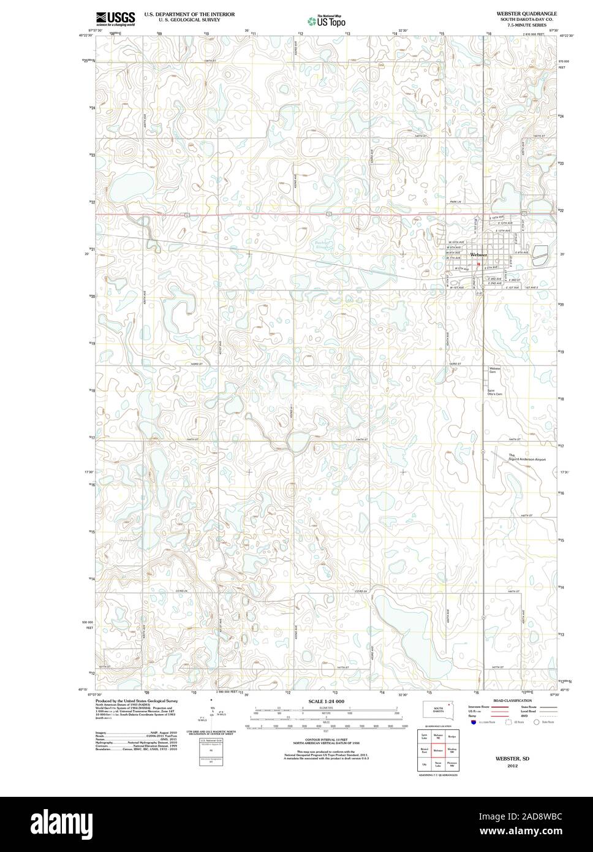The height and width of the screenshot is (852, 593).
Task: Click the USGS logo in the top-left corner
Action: (x=115, y=18)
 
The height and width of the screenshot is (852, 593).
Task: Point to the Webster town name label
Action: (x=478, y=254)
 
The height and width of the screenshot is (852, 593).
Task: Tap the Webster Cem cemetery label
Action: (x=494, y=370)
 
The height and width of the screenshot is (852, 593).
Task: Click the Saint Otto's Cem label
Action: (x=494, y=393)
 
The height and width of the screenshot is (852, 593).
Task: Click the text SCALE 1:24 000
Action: (x=327, y=701)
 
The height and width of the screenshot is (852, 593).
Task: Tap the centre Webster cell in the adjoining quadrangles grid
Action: (x=438, y=750)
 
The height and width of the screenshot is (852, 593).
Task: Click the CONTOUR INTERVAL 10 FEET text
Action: (x=327, y=740)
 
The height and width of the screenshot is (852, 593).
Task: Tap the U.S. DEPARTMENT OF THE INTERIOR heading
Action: (x=189, y=13)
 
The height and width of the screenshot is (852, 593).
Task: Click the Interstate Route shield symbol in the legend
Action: (x=473, y=723)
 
